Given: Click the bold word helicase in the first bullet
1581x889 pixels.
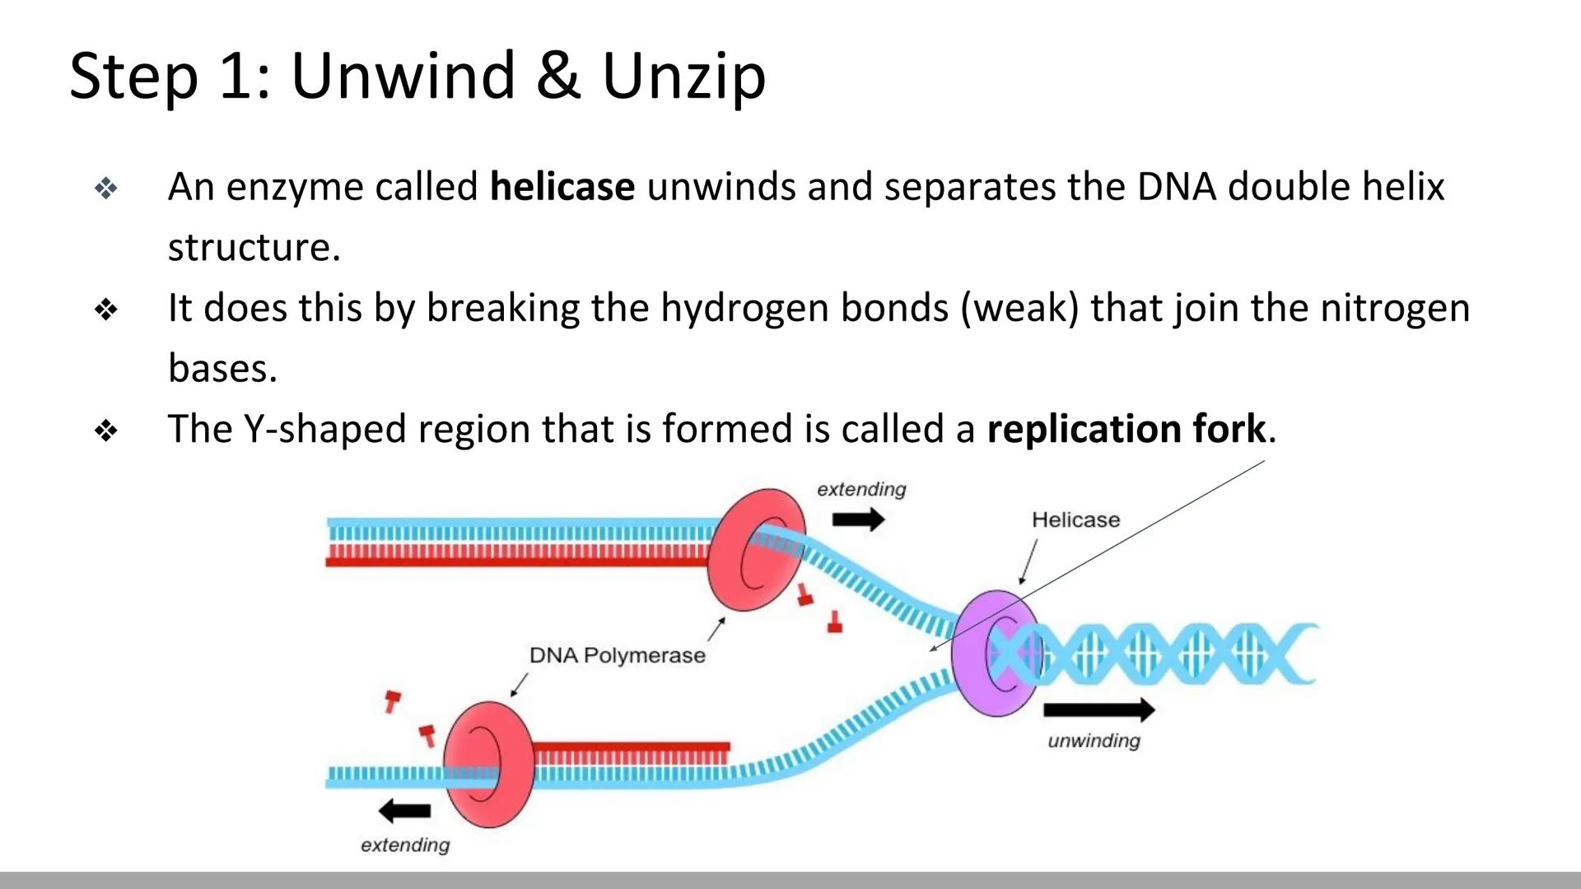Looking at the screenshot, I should (562, 187).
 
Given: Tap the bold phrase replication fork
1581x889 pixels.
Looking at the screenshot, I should (1126, 429).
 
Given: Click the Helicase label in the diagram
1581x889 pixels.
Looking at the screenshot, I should (1075, 520).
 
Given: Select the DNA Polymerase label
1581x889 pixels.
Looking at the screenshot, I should (617, 655).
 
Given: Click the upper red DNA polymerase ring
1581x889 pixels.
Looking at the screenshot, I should (755, 549).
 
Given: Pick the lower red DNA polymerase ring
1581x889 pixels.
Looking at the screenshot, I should (487, 764).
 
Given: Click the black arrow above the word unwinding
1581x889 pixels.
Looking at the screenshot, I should (1098, 710).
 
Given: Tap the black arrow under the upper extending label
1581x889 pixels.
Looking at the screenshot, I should (858, 519).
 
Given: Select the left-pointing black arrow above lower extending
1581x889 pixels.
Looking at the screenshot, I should (404, 811).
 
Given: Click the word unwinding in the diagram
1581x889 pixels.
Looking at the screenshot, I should (1094, 741).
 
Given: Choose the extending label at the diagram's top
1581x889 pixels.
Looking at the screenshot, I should (861, 490).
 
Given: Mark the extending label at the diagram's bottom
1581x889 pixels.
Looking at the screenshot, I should (405, 845).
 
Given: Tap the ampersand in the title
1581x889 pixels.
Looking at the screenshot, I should (557, 77).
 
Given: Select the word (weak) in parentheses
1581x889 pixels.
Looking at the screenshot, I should (1019, 309).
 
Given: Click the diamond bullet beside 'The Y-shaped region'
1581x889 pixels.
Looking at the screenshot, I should (106, 430).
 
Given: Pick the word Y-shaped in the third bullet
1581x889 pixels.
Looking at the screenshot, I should (324, 430).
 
